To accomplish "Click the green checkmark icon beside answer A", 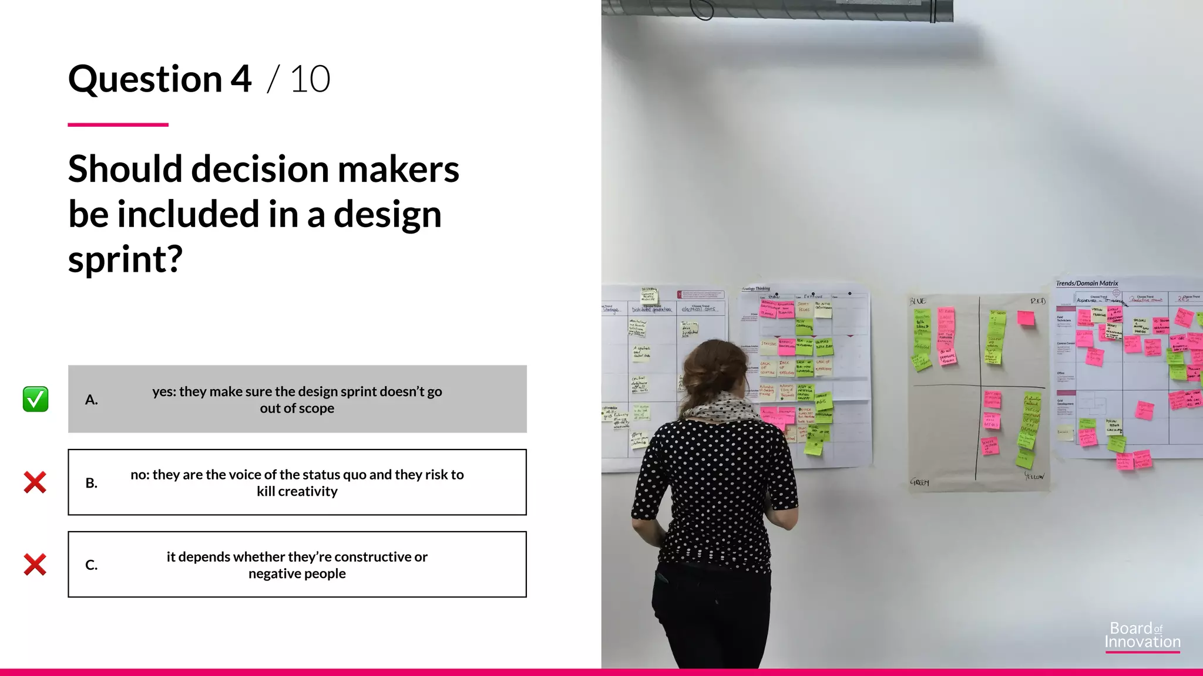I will pyautogui.click(x=35, y=399).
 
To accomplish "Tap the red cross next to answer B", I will pyautogui.click(x=35, y=482).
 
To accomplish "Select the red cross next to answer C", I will pyautogui.click(x=35, y=565).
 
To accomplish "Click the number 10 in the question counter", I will pyautogui.click(x=310, y=79).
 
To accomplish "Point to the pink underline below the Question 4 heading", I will pyautogui.click(x=118, y=124).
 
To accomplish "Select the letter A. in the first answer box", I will pyautogui.click(x=91, y=400).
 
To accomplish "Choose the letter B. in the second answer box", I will pyautogui.click(x=91, y=483).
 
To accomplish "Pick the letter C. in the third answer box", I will pyautogui.click(x=91, y=565).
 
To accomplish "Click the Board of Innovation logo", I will pyautogui.click(x=1142, y=636).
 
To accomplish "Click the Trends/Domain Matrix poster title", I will pyautogui.click(x=1087, y=283).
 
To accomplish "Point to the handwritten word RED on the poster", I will pyautogui.click(x=1038, y=301).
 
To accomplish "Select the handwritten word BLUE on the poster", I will pyautogui.click(x=918, y=301).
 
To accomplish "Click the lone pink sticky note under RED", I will pyautogui.click(x=1026, y=318).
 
